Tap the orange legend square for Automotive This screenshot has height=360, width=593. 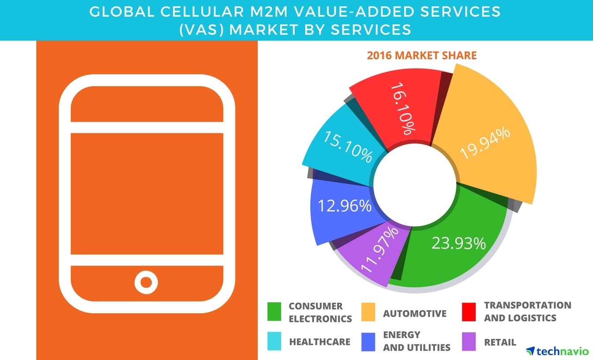click(x=368, y=311)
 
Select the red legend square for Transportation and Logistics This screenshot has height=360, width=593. click(x=469, y=311)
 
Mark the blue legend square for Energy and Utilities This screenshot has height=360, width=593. click(x=368, y=341)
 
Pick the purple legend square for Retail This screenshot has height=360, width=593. click(x=469, y=341)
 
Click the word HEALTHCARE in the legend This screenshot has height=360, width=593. click(x=319, y=341)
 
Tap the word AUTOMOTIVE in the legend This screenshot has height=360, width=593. click(x=415, y=314)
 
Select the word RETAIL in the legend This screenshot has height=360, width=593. click(x=500, y=342)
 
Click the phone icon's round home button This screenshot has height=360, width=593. click(x=146, y=281)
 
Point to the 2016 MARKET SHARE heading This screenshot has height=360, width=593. click(x=422, y=56)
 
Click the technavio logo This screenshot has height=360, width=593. click(x=557, y=351)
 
